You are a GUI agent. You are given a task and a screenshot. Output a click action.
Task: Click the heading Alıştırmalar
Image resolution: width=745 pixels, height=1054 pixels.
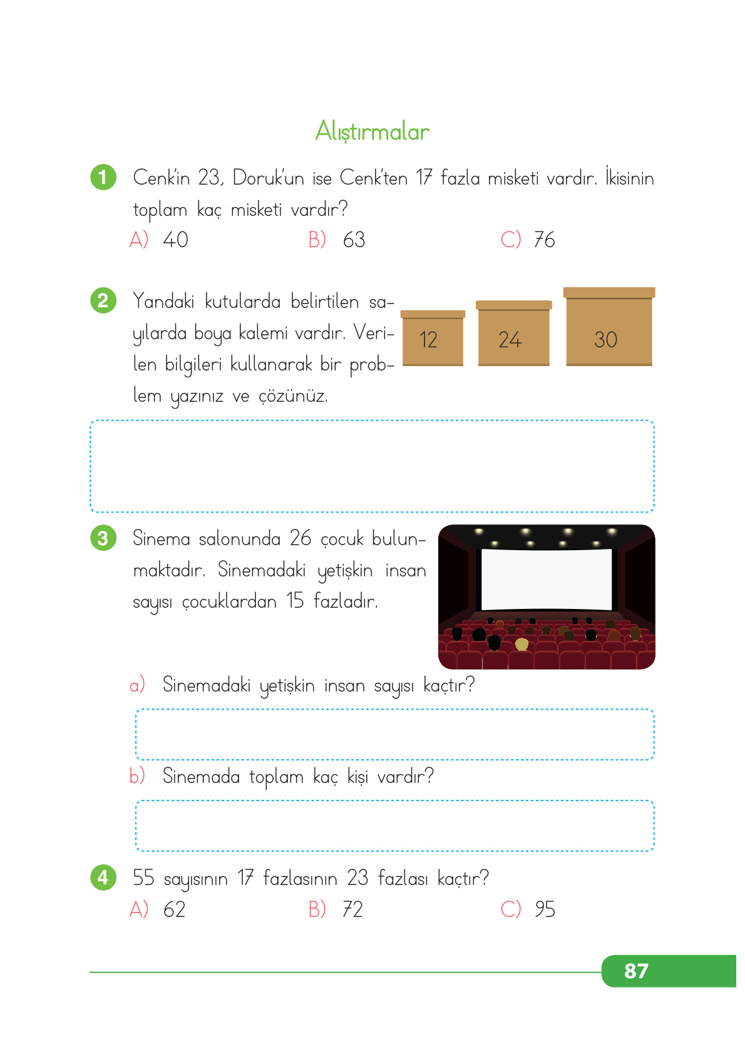click(x=372, y=131)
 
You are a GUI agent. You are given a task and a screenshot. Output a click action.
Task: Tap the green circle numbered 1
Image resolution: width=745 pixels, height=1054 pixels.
click(x=103, y=177)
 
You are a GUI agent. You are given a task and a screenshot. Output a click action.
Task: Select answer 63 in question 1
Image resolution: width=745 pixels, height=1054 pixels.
click(x=354, y=240)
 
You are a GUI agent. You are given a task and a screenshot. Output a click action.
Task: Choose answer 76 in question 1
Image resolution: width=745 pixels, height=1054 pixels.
click(x=544, y=240)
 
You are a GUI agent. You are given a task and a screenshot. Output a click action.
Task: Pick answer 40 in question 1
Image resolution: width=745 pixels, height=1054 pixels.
click(x=175, y=240)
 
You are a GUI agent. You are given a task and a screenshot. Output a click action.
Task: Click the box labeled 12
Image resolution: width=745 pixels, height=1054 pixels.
click(x=433, y=338)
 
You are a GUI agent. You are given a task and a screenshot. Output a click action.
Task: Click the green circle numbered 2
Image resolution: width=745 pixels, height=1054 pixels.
click(x=103, y=300)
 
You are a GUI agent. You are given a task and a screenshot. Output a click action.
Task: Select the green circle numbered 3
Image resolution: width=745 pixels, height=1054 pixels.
click(x=103, y=538)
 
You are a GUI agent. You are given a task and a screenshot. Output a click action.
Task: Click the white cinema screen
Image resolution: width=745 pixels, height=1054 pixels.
click(x=546, y=578)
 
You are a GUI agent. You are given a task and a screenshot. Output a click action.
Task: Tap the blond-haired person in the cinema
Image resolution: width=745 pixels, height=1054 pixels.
click(x=521, y=644)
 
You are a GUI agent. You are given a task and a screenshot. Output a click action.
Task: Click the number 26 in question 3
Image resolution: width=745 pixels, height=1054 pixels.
click(x=301, y=538)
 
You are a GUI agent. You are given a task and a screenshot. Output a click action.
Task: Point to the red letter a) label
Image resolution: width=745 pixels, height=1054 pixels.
click(x=137, y=685)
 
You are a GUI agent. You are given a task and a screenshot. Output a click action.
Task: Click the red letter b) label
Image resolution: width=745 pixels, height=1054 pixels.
click(x=137, y=776)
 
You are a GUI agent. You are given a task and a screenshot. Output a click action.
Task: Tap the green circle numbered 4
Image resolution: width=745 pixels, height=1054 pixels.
click(x=103, y=877)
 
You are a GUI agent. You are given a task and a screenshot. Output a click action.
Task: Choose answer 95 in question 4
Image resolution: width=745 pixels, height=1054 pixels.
click(x=545, y=909)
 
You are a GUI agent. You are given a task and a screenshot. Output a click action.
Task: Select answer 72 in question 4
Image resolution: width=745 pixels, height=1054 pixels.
click(x=352, y=909)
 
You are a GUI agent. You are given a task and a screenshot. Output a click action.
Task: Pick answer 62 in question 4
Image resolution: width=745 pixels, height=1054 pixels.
click(x=175, y=909)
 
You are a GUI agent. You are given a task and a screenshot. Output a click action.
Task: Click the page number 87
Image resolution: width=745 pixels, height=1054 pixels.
click(x=636, y=971)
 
